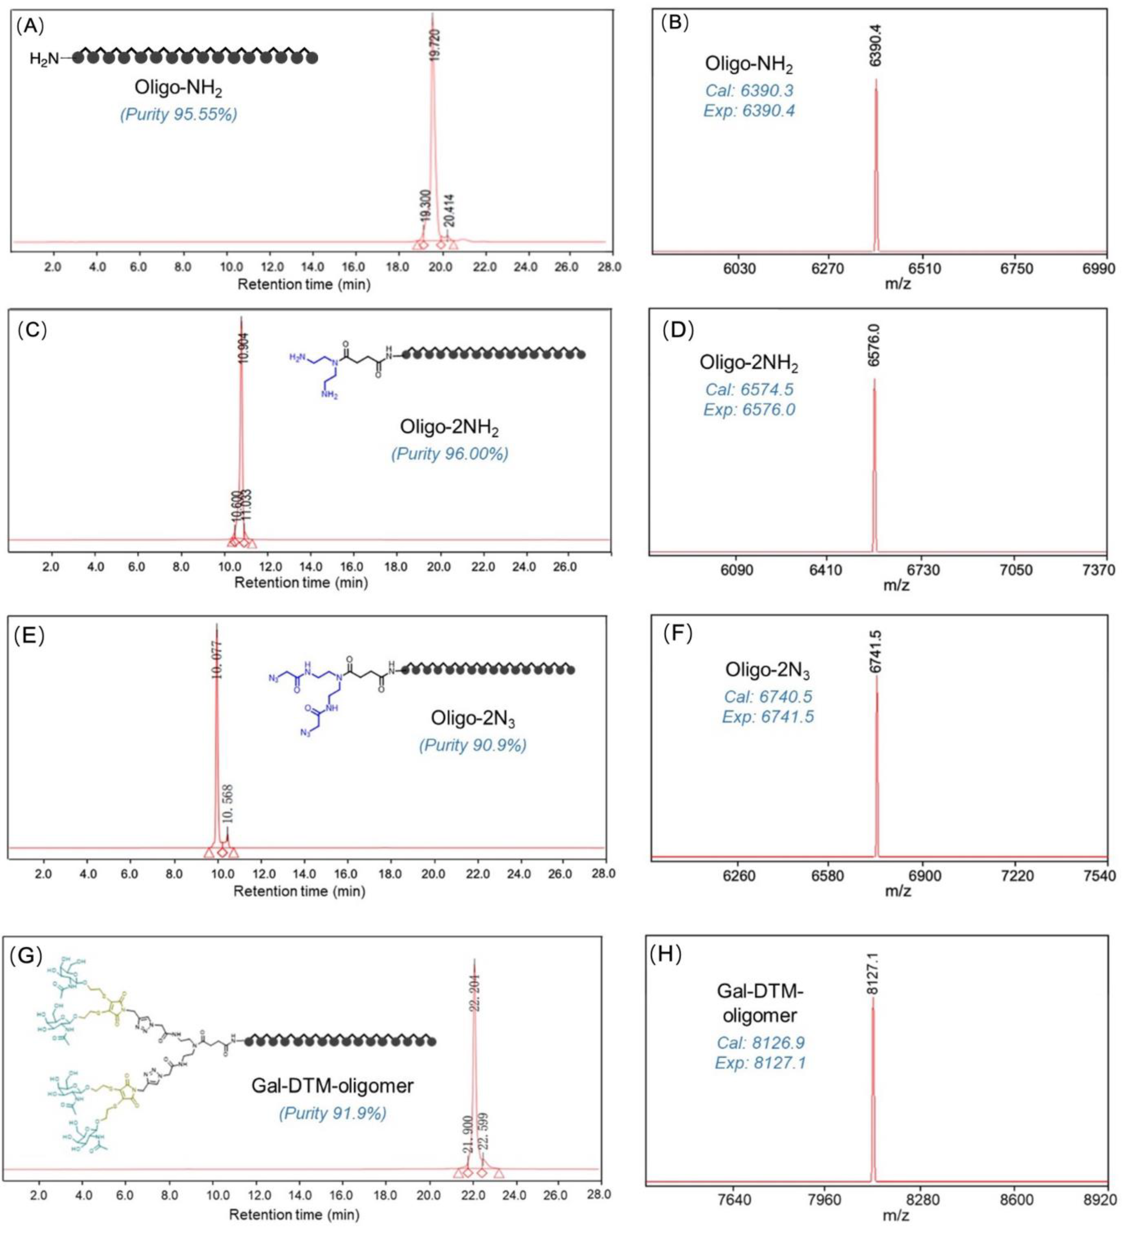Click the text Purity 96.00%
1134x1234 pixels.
[x=450, y=454]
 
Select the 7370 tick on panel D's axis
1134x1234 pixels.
[x=1098, y=570]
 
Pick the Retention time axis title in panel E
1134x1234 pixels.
[x=300, y=891]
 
